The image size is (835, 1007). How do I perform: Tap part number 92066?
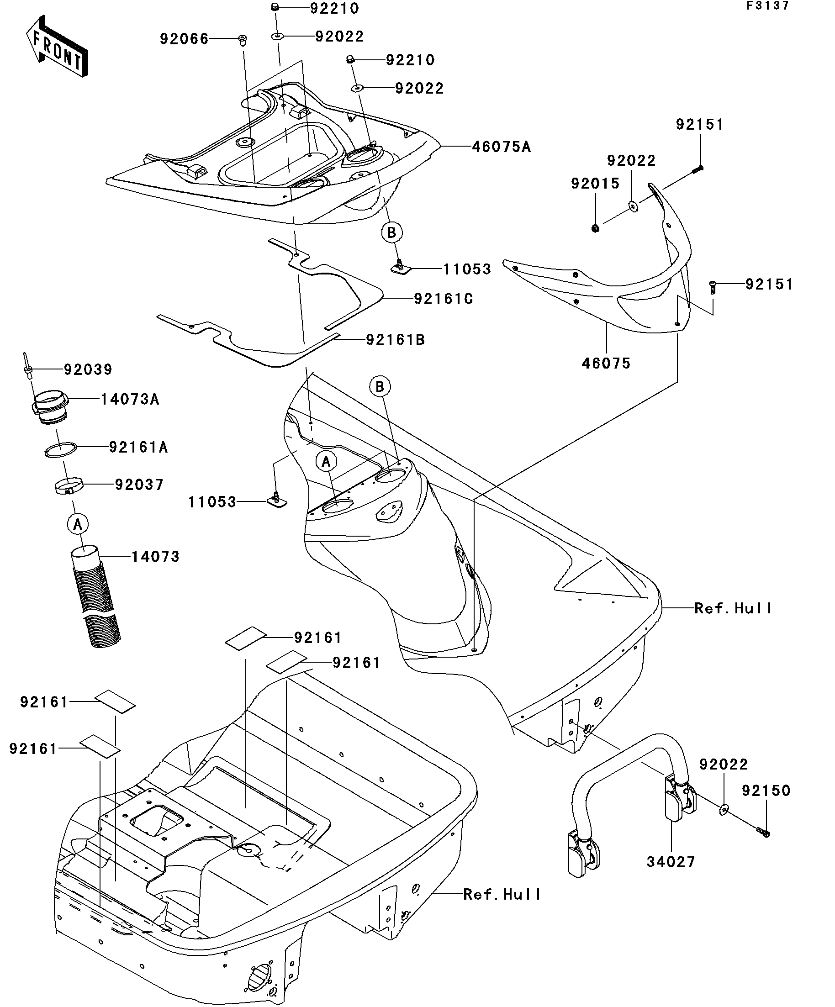[x=184, y=39]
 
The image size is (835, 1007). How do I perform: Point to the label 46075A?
[x=501, y=147]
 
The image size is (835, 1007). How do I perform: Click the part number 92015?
[x=595, y=184]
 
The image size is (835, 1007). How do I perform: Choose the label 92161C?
[x=443, y=299]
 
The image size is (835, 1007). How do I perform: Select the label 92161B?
[x=395, y=340]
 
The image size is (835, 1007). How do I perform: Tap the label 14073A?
[x=129, y=400]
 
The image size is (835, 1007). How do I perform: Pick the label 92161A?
[x=138, y=448]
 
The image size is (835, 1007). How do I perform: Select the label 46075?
[x=606, y=364]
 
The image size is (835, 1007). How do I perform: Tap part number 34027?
[x=671, y=862]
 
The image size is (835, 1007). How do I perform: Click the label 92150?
[x=766, y=791]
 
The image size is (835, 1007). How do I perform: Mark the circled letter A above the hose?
[x=78, y=524]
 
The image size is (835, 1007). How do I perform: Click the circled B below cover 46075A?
[x=391, y=233]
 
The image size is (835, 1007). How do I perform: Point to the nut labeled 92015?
[x=595, y=228]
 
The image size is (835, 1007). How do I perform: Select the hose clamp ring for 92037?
[x=68, y=487]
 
